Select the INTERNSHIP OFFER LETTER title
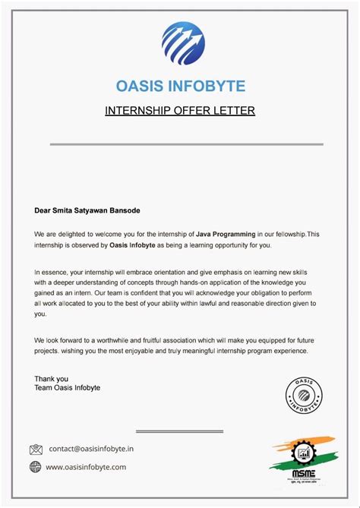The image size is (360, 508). click(180, 111)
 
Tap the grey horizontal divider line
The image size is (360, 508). click(186, 144)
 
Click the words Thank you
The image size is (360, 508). click(51, 378)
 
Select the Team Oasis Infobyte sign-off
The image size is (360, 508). click(67, 388)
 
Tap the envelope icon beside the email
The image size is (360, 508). click(36, 450)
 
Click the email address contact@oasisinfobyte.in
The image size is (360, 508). click(91, 449)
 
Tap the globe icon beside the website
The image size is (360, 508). click(36, 467)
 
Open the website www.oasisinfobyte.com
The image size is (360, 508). click(86, 467)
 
